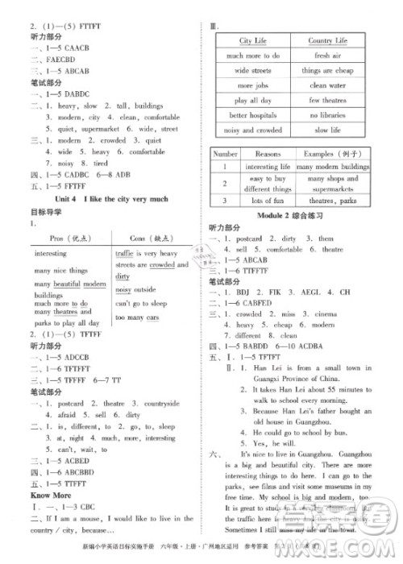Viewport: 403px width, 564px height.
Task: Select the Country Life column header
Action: click(327, 40)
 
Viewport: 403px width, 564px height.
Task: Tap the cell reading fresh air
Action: click(327, 56)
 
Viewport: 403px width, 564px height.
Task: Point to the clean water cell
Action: click(327, 85)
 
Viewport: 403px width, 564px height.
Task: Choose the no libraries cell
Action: click(327, 115)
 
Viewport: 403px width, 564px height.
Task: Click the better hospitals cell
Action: click(252, 115)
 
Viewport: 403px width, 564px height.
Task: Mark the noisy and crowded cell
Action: click(252, 130)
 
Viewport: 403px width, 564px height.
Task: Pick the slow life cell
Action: click(327, 130)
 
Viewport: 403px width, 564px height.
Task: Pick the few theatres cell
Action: click(327, 101)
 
